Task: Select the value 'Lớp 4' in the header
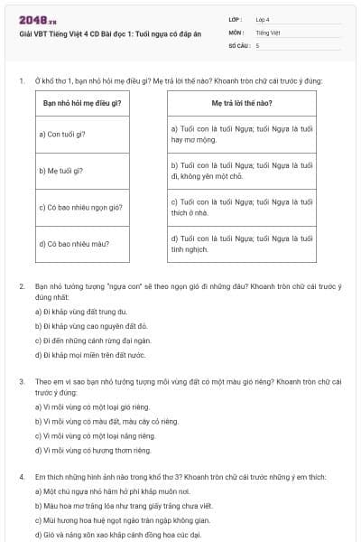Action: (x=263, y=19)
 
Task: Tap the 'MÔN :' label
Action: (x=236, y=32)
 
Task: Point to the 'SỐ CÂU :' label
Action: (x=239, y=44)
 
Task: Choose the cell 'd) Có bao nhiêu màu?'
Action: (x=70, y=243)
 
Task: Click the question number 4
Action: (x=21, y=476)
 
